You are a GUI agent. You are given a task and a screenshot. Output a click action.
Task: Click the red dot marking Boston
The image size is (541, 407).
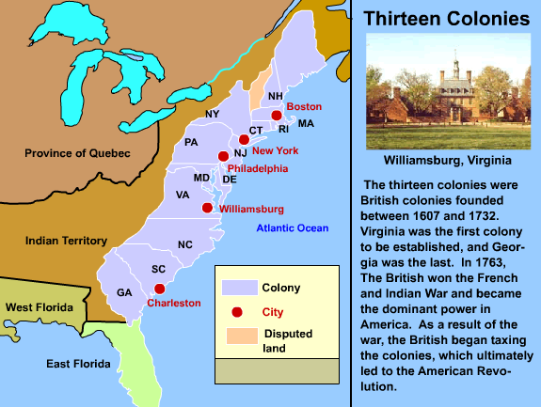(277, 116)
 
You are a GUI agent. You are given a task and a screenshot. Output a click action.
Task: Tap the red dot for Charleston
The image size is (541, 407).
(160, 289)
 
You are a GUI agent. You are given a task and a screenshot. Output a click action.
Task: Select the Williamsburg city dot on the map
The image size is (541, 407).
(208, 208)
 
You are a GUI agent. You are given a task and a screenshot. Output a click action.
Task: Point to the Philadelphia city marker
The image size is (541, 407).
(223, 156)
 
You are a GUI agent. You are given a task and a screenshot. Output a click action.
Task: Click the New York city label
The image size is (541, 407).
(276, 150)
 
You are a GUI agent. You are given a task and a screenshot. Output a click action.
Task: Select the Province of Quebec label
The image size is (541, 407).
(77, 153)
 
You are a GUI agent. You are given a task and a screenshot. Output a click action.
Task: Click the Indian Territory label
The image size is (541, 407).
(67, 240)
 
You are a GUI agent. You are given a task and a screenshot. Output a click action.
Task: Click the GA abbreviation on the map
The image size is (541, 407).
(124, 292)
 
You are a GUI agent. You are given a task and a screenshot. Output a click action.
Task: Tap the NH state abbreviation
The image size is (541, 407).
(276, 97)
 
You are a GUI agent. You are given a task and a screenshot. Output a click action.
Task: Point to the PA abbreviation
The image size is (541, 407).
(191, 143)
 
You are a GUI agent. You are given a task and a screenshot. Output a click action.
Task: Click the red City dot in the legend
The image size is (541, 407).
(237, 312)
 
